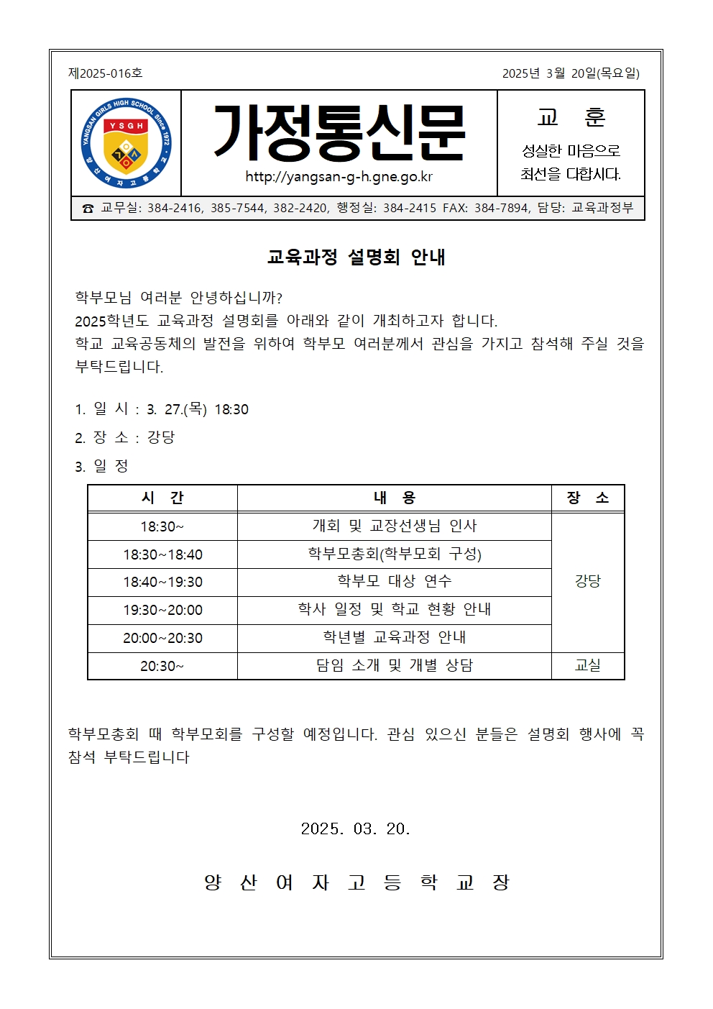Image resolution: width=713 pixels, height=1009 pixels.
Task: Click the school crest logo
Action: point(126,144)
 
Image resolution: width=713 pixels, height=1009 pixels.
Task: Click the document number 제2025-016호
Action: point(106,73)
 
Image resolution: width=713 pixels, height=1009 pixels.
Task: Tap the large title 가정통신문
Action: point(339,133)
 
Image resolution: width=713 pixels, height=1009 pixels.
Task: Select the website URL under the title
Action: point(339,177)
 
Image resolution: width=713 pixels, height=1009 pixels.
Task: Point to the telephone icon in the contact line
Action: point(88,209)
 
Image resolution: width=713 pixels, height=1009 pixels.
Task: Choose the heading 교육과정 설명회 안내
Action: point(356,257)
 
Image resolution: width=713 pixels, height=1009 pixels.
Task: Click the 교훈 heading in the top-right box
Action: point(571,117)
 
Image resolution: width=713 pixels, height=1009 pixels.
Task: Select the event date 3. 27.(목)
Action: point(177,409)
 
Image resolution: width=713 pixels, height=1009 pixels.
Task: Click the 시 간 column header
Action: point(162,498)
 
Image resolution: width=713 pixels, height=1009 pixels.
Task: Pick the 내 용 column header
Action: point(394,498)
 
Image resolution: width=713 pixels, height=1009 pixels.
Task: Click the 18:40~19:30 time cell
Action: point(162,582)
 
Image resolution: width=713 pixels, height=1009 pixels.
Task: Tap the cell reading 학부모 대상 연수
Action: point(394,581)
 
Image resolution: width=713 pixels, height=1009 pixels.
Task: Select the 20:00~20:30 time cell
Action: point(162,638)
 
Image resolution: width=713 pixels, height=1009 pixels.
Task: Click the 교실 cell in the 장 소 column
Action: point(587,665)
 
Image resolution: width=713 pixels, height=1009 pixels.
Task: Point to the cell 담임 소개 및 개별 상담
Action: point(394,665)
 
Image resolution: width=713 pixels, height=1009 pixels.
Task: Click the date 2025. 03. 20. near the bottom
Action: point(355,828)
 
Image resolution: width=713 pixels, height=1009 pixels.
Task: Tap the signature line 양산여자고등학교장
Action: point(356,882)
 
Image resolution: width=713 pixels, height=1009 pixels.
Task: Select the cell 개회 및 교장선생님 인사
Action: point(394,526)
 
